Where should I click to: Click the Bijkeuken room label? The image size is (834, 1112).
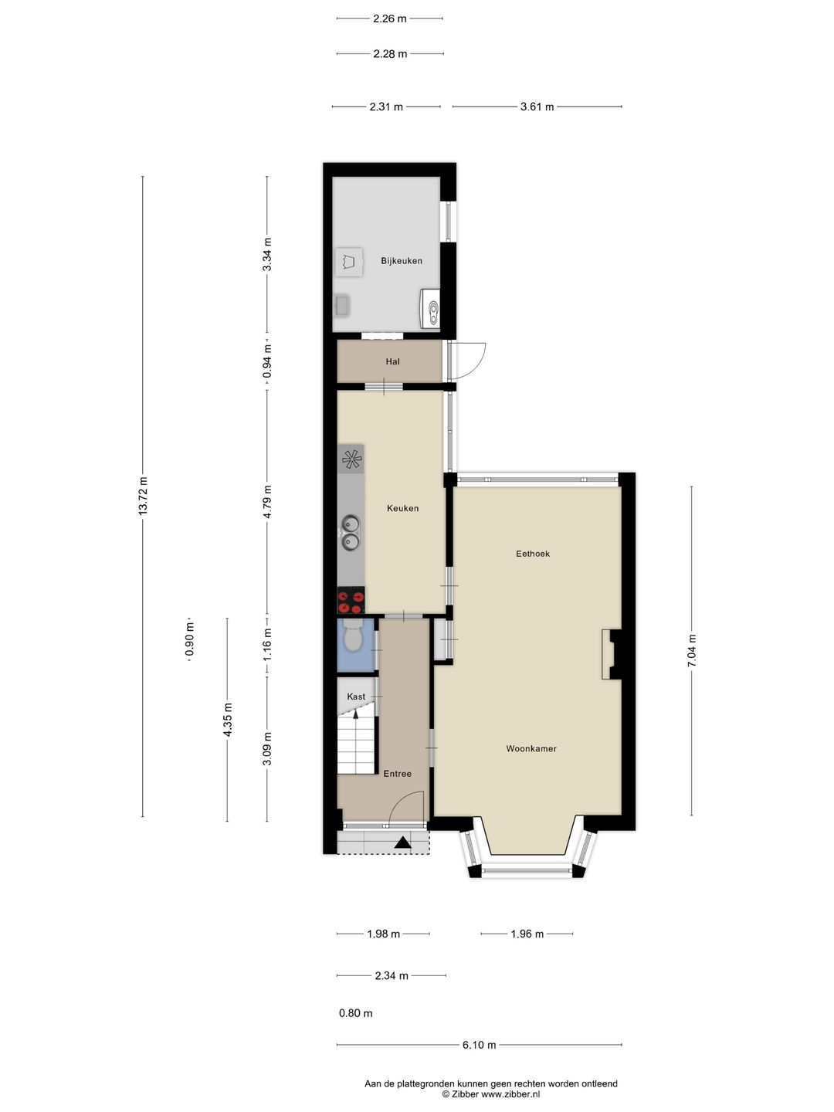point(401,261)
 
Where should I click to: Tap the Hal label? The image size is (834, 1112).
point(392,361)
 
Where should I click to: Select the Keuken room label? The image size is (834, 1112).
point(402,508)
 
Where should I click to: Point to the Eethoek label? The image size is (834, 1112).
point(533,554)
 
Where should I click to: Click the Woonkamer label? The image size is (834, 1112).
point(531,748)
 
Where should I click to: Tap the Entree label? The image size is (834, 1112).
point(398,774)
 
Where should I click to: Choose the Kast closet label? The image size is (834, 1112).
point(356,697)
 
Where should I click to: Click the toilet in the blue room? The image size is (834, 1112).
point(353,637)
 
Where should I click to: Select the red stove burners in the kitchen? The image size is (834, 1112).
point(351,600)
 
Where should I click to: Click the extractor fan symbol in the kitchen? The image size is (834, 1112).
point(351,460)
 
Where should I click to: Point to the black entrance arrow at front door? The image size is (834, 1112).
point(402,842)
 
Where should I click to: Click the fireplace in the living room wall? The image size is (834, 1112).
point(611,654)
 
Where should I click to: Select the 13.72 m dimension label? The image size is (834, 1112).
point(143,497)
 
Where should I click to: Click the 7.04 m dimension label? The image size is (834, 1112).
point(692,650)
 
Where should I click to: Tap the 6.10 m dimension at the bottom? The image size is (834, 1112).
point(479,1045)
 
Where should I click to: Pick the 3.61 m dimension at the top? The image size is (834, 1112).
point(537,107)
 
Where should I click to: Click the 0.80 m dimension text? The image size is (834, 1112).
point(355,1013)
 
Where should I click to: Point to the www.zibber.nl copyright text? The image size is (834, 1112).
point(490,1094)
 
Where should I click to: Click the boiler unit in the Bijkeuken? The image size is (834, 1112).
point(430,309)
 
